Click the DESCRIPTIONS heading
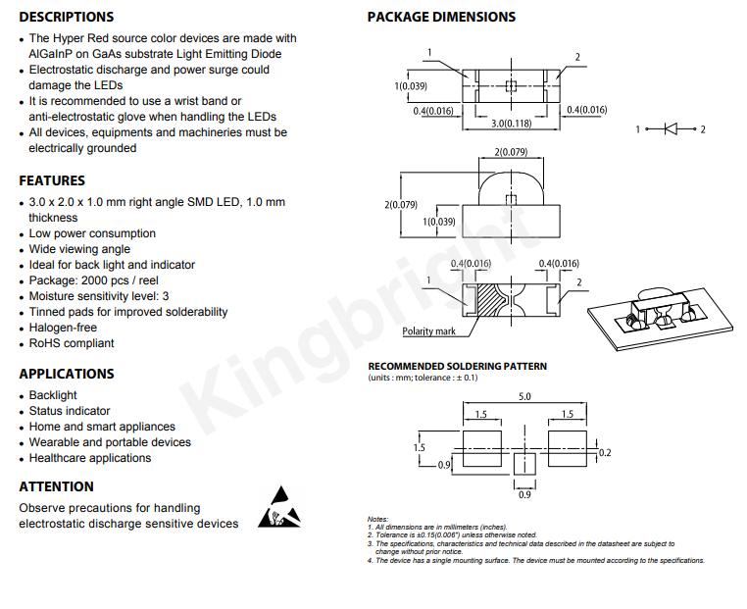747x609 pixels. [67, 17]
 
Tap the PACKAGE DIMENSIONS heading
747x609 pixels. [441, 17]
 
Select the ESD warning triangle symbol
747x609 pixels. [279, 507]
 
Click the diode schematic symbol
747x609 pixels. [671, 128]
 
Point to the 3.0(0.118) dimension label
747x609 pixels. [511, 124]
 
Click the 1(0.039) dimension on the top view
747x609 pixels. [411, 86]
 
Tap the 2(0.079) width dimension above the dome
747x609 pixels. [511, 152]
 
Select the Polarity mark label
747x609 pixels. [428, 331]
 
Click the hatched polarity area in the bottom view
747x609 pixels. [488, 300]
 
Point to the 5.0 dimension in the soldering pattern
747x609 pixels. [524, 396]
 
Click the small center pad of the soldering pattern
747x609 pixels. [524, 464]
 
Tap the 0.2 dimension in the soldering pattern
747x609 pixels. [605, 453]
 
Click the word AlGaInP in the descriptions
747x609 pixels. [51, 54]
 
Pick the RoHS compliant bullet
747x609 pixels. [72, 343]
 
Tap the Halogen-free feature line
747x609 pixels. [63, 328]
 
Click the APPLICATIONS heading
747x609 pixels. [67, 374]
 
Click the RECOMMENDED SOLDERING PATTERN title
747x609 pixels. [458, 366]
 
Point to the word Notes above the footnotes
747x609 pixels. [377, 519]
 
